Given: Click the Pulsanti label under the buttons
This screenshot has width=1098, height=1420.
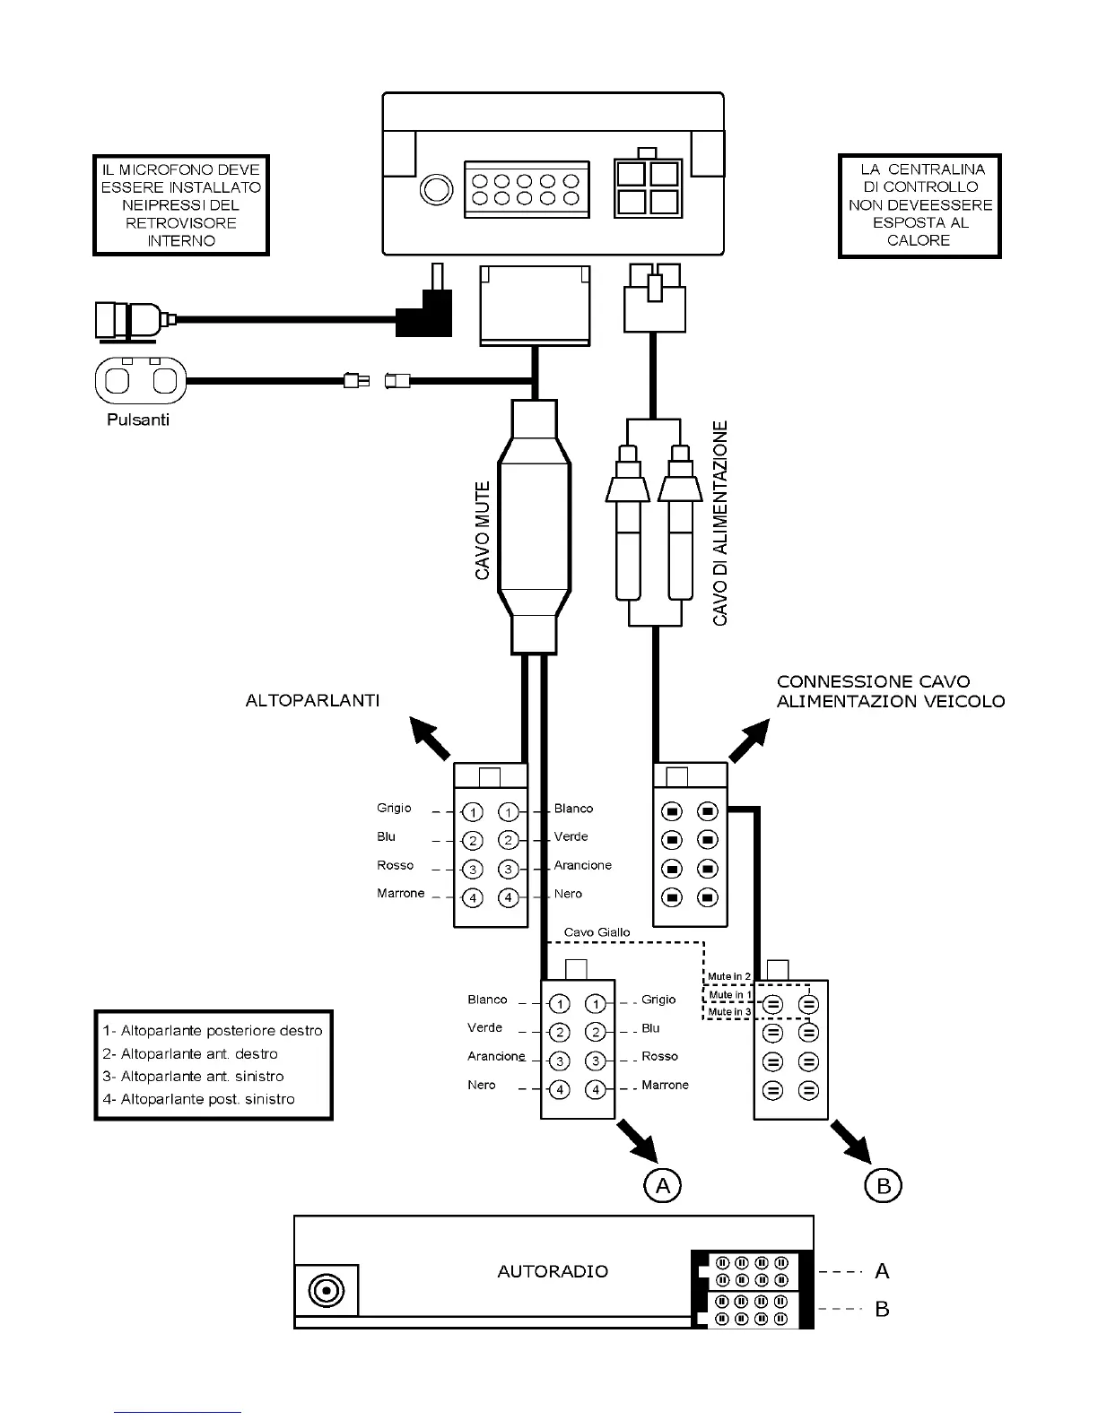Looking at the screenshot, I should tap(138, 420).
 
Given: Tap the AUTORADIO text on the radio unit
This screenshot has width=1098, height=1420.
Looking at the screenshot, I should tap(552, 1271).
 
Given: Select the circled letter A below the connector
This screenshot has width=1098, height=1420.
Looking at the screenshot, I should tap(662, 1186).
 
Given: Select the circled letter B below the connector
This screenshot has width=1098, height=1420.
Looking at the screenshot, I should tap(883, 1186).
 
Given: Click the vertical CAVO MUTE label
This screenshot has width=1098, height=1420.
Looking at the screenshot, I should tap(483, 530).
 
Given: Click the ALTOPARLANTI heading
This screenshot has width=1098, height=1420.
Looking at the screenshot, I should tap(312, 700).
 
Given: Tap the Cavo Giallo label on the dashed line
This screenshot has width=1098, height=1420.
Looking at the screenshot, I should tap(597, 932).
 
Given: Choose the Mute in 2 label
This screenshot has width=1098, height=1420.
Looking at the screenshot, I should tap(728, 976).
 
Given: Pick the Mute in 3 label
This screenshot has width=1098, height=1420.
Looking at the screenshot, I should tap(728, 1012).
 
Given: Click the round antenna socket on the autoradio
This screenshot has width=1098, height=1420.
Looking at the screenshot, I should tap(327, 1291).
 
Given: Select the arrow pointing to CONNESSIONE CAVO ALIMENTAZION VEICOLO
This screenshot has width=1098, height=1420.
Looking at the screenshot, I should tap(750, 740).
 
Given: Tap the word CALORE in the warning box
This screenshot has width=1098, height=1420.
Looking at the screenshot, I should tap(918, 240).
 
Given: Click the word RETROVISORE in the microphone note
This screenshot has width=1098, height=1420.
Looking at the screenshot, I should tap(181, 223).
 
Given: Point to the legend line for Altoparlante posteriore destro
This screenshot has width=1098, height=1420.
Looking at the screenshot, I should tap(213, 1031).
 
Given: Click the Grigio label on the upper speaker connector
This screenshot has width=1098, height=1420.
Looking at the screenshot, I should tap(394, 808).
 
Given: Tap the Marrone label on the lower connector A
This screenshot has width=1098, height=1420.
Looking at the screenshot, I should tap(665, 1085).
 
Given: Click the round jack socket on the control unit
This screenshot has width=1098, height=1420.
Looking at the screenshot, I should tap(438, 190).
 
